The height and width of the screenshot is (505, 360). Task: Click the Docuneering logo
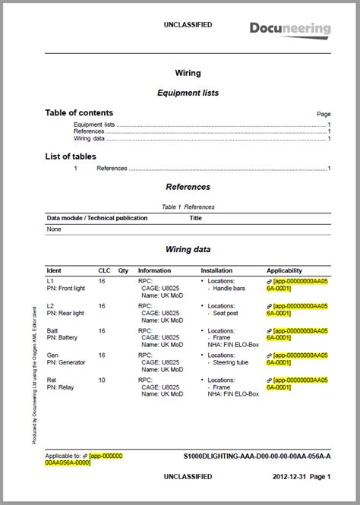(290, 29)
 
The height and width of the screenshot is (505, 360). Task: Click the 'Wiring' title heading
(188, 74)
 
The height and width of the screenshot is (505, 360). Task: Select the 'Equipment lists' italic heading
(188, 93)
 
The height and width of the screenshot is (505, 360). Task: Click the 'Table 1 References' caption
(188, 207)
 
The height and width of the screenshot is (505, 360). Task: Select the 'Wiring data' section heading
(188, 248)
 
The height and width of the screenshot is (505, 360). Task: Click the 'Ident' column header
(54, 270)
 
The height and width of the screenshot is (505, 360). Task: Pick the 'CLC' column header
(104, 270)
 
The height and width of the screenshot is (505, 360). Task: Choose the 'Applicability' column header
(284, 270)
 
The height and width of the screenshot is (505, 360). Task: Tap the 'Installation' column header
(216, 270)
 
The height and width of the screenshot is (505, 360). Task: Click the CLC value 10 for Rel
(102, 380)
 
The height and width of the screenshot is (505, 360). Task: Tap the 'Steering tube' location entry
(233, 362)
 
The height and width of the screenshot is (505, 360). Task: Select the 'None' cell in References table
(54, 228)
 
